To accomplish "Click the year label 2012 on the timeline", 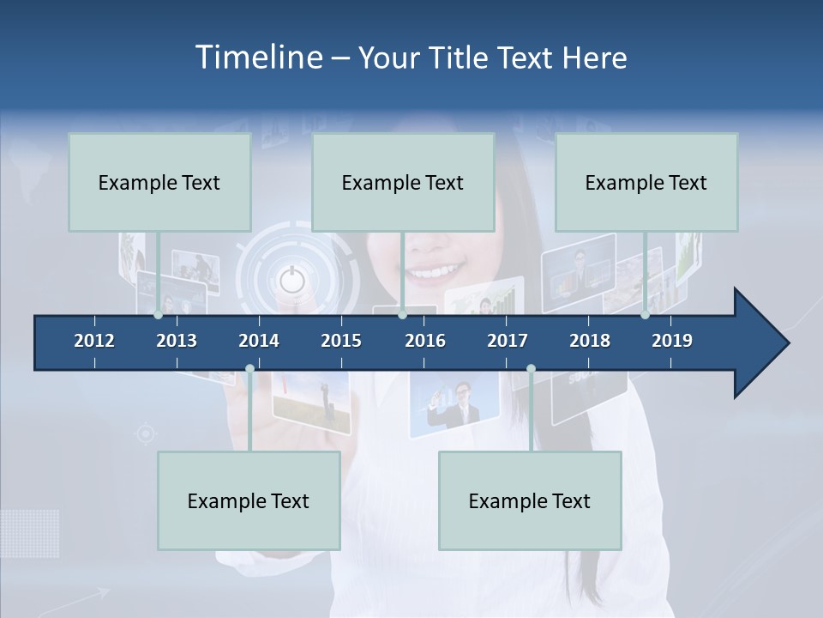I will click(94, 341).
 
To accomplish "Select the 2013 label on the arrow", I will click(177, 341).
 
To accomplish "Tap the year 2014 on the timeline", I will click(259, 341).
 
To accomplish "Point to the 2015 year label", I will click(341, 341).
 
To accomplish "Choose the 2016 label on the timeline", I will click(425, 341).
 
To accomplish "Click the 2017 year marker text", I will click(508, 341).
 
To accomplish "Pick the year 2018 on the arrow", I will click(590, 341).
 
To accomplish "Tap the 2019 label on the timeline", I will click(672, 341).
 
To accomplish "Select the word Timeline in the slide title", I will click(257, 58).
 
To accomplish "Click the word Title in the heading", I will click(461, 58).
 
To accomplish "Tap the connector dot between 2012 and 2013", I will click(158, 315).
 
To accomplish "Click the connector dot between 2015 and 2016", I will click(402, 315).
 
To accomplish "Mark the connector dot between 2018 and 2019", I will click(646, 315).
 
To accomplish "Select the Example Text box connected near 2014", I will click(249, 500).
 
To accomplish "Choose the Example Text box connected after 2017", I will click(530, 500).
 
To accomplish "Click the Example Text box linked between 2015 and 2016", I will click(403, 182).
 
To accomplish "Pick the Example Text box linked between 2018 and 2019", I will click(646, 182).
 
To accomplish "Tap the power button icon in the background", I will click(291, 279).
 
